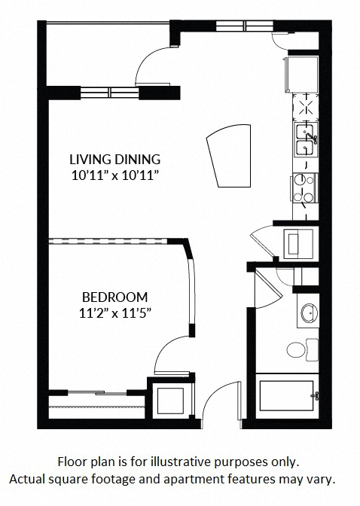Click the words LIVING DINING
pos(114,159)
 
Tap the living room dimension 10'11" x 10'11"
pos(114,175)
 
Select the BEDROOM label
pos(114,297)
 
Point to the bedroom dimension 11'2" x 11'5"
pos(114,312)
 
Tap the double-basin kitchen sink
pos(304,139)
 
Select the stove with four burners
pos(305,188)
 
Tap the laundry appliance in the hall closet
pos(297,242)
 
